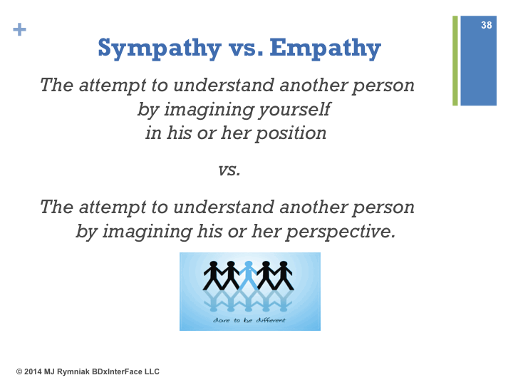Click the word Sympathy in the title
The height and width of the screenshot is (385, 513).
[160, 48]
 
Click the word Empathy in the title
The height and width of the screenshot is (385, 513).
[325, 48]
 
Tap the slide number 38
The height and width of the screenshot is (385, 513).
[486, 25]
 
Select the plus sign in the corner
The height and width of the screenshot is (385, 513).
[20, 29]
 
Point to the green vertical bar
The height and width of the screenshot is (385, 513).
[455, 61]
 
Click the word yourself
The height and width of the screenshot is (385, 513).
[294, 109]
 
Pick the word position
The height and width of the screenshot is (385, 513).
[291, 134]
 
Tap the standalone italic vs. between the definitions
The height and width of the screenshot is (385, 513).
[229, 170]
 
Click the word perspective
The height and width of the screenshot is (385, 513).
[341, 232]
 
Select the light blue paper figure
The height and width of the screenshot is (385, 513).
[249, 275]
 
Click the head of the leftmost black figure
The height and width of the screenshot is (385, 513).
[213, 265]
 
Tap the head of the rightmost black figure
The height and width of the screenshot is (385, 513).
[284, 265]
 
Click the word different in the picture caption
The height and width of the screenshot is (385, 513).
[271, 320]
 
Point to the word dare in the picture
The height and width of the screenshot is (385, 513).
[221, 320]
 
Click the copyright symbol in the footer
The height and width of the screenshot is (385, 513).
[19, 372]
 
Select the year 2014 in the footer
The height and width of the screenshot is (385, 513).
[33, 372]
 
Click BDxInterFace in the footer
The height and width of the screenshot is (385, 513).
[117, 372]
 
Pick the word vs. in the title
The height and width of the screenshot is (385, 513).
[246, 48]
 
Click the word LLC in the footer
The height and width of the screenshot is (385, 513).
[152, 372]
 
